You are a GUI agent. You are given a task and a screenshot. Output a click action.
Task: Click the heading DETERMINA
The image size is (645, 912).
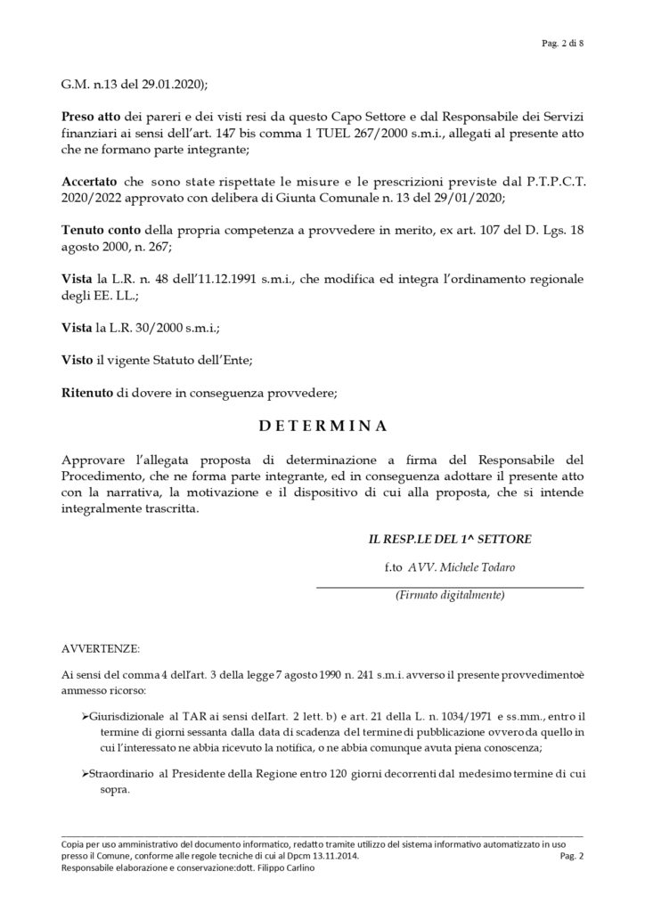point(322,426)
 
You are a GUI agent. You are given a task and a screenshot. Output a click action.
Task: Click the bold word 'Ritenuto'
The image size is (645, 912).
point(87,392)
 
